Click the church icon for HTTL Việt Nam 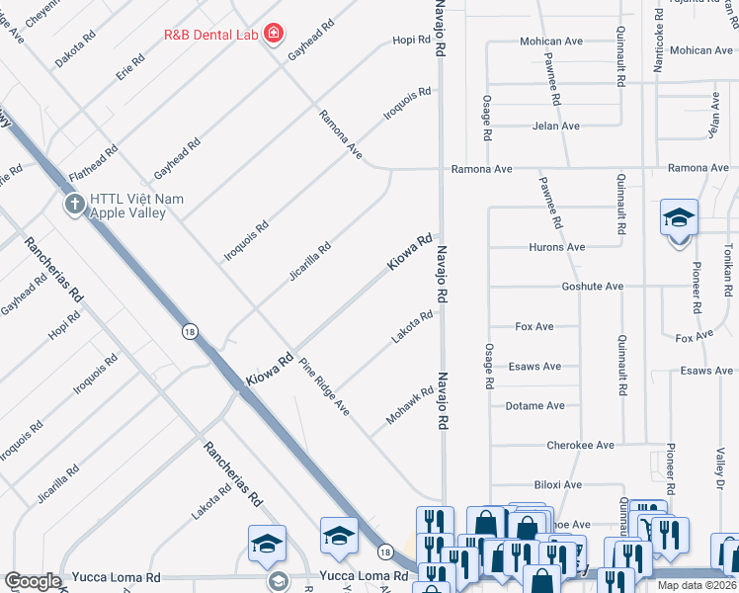pyautogui.click(x=74, y=205)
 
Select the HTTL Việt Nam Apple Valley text pyautogui.click(x=136, y=206)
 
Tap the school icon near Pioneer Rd pyautogui.click(x=679, y=218)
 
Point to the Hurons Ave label pyautogui.click(x=558, y=247)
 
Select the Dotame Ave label pyautogui.click(x=534, y=406)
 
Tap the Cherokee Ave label pyautogui.click(x=581, y=446)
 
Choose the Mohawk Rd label pyautogui.click(x=410, y=406)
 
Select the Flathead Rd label pyautogui.click(x=94, y=163)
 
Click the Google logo pyautogui.click(x=34, y=581)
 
